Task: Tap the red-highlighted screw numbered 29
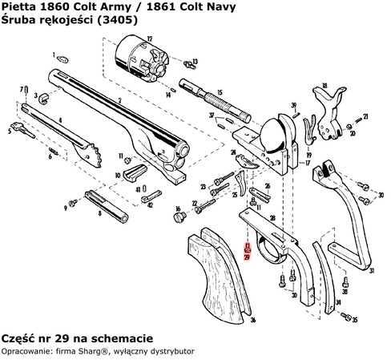click(x=248, y=248)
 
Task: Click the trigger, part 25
click(x=243, y=181)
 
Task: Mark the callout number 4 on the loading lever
click(x=60, y=120)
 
